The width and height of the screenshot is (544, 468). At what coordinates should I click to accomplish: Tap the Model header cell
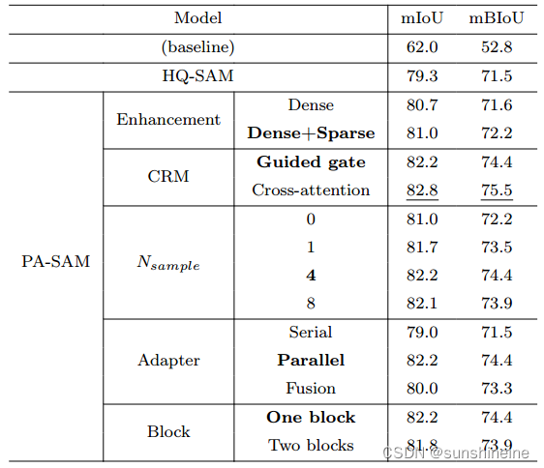pos(197,17)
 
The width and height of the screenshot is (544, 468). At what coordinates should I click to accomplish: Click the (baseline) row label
pos(197,45)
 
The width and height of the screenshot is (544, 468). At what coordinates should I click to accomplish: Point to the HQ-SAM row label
pos(197,74)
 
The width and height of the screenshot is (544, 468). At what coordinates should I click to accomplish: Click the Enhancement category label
pos(168,119)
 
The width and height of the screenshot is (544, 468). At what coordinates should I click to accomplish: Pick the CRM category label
pos(168,176)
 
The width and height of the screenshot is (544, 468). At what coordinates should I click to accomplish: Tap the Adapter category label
pos(168,360)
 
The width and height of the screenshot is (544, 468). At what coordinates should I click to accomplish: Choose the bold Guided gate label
pos(311,161)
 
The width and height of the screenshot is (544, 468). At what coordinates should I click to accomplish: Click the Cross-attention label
pos(311,190)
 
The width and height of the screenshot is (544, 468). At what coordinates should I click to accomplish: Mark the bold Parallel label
pos(311,360)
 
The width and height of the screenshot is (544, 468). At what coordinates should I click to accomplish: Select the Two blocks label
pos(311,446)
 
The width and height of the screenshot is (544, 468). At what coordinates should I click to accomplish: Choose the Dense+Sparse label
pos(311,132)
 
